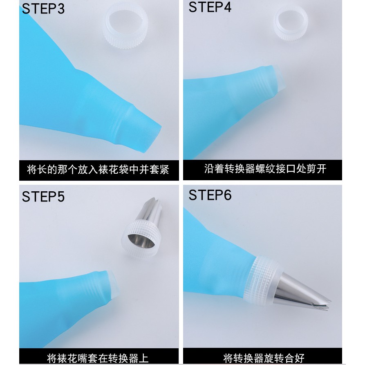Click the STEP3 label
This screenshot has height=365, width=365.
point(43,9)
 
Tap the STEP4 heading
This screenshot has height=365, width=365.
point(210,7)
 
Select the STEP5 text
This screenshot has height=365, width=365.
point(43,197)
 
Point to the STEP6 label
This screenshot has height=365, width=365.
point(210,195)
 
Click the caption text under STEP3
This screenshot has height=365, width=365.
point(98,170)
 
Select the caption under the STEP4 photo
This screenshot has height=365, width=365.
point(265,169)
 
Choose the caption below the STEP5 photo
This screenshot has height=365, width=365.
point(98,358)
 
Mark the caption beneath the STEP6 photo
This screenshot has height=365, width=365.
point(264,358)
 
